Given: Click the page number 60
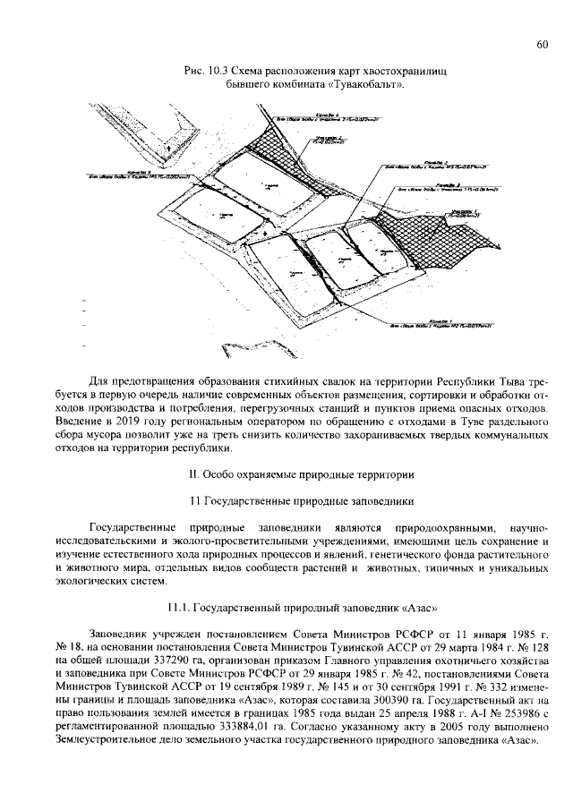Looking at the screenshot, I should click(x=543, y=46).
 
